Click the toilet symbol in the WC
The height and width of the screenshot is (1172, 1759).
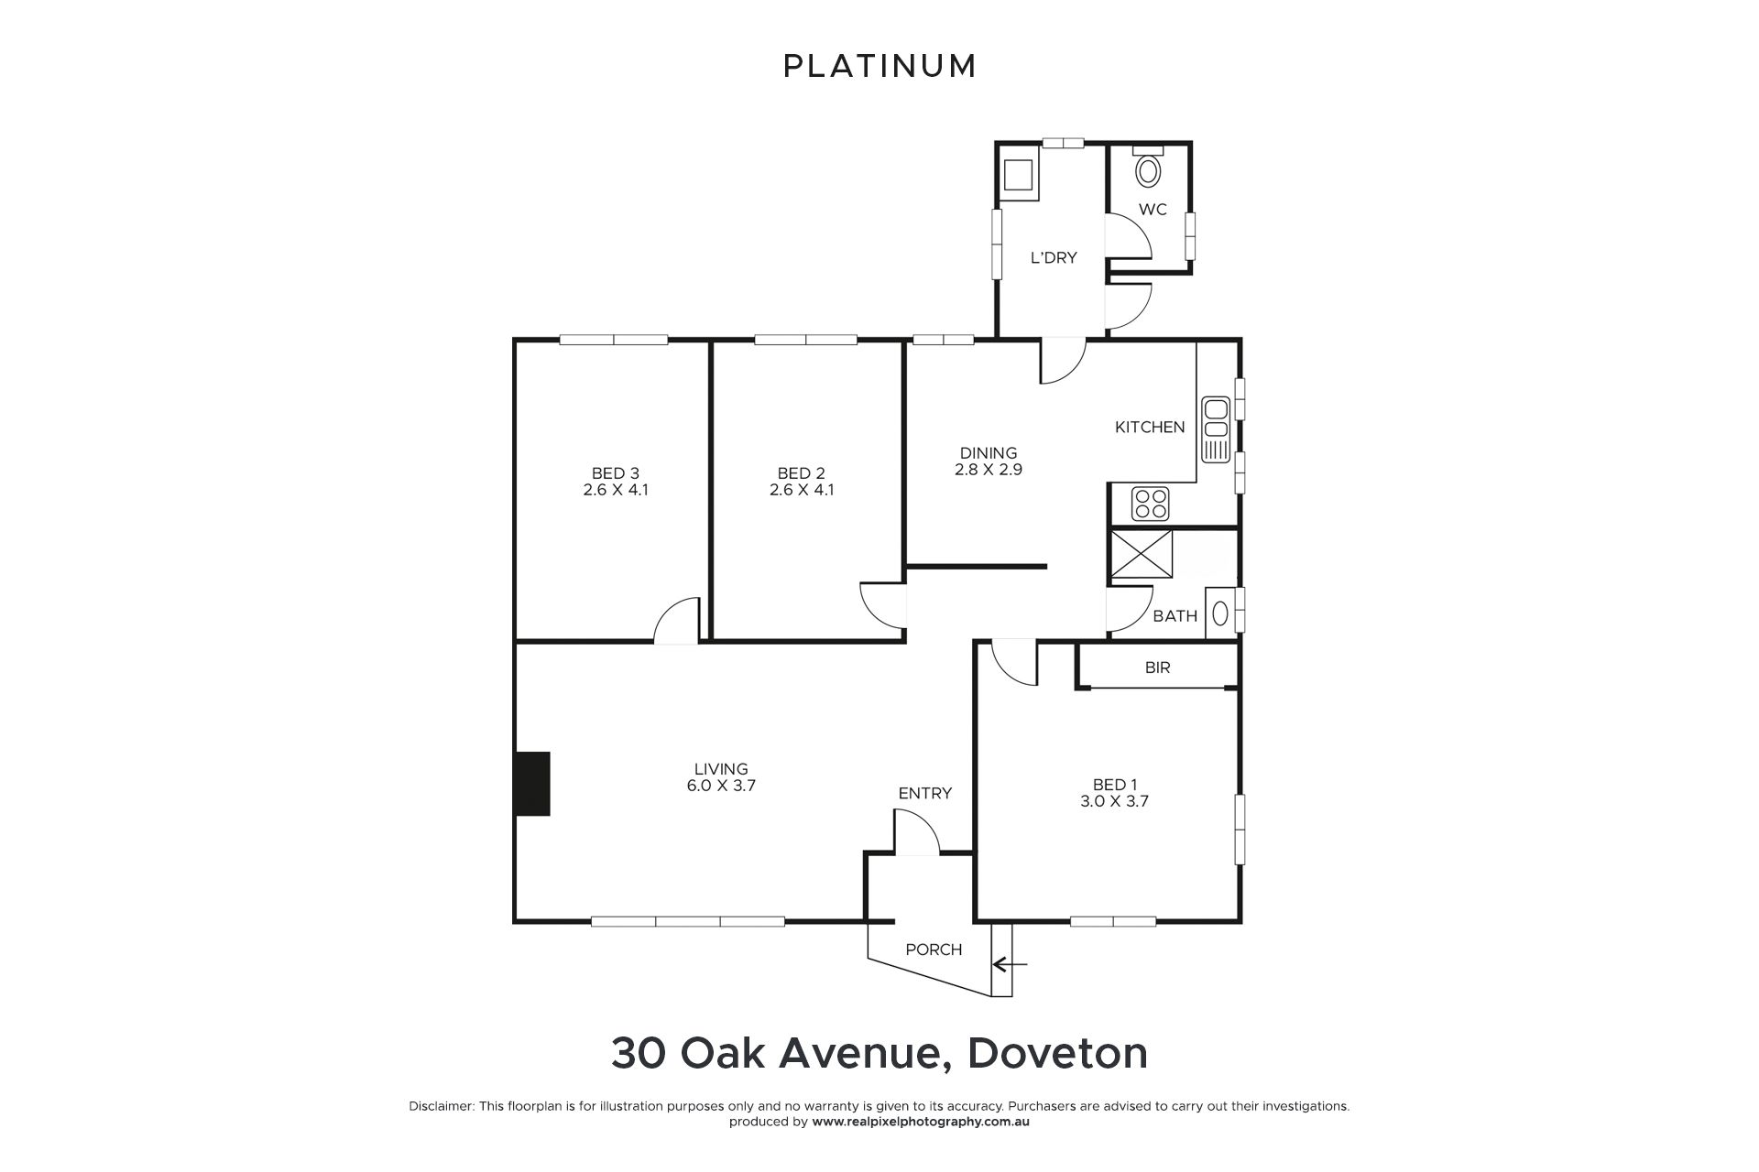click(x=1147, y=168)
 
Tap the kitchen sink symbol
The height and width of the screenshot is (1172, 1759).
click(x=1216, y=429)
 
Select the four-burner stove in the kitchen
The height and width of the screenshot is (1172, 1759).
click(x=1151, y=503)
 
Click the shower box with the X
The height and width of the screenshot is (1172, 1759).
click(x=1142, y=555)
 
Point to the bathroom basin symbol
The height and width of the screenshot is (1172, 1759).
click(x=1219, y=613)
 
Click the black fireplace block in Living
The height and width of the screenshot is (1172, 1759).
click(x=532, y=783)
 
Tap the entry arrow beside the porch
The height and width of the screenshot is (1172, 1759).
click(x=1010, y=963)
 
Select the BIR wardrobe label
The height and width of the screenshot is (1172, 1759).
click(x=1157, y=667)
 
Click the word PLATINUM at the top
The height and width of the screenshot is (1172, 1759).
click(x=879, y=66)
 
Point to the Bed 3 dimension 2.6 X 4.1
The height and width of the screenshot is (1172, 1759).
click(x=616, y=490)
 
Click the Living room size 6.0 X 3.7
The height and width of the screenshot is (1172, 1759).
click(x=722, y=786)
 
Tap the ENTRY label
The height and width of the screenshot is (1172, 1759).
click(x=925, y=793)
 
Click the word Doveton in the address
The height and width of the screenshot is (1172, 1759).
click(x=1058, y=1053)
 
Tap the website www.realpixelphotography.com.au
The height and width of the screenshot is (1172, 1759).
click(x=921, y=1122)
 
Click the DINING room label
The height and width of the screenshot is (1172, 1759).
click(x=989, y=452)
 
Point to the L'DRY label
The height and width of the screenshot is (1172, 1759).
click(x=1054, y=257)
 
